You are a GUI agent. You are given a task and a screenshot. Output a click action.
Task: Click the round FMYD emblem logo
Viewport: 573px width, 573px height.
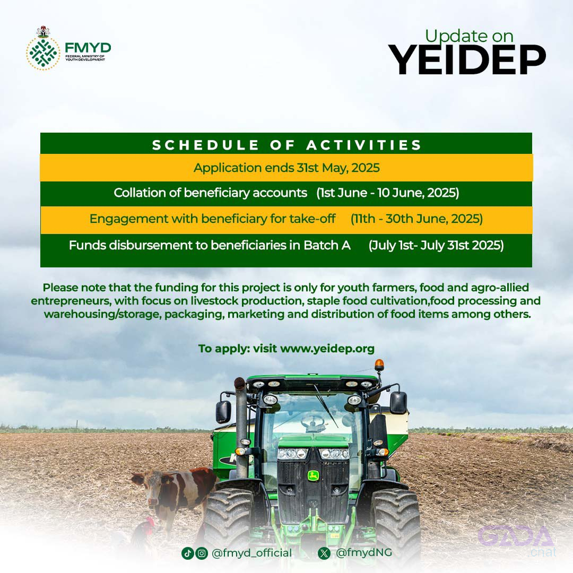(43, 54)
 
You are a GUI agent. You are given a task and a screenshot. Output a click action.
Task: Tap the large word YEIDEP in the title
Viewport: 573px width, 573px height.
(467, 60)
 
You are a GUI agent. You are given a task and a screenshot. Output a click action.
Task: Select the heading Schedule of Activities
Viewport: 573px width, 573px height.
(287, 145)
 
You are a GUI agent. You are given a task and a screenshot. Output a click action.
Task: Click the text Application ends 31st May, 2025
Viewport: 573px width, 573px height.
(286, 168)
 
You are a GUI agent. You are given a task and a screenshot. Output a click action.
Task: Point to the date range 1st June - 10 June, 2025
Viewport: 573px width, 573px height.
(388, 193)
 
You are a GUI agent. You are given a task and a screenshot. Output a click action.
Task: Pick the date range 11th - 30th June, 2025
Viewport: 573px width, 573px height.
(416, 219)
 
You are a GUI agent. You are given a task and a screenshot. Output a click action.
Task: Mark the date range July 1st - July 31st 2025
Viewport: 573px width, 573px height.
(436, 245)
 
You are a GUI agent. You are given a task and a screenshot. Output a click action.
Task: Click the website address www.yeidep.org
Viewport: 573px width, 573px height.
(327, 349)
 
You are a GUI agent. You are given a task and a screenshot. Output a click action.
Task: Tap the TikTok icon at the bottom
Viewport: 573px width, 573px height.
(187, 553)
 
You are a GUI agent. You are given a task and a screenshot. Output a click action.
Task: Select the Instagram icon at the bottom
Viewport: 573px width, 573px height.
(202, 553)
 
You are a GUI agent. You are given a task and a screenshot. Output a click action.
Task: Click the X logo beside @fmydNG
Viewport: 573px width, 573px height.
(324, 553)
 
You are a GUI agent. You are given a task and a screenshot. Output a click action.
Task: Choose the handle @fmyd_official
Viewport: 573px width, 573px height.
(252, 553)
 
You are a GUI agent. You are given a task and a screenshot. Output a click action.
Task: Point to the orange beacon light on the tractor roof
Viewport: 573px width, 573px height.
(379, 364)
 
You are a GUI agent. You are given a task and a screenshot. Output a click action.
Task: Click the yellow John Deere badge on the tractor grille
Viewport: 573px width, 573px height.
(313, 476)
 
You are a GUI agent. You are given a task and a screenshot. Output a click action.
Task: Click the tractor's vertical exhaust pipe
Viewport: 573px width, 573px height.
(241, 428)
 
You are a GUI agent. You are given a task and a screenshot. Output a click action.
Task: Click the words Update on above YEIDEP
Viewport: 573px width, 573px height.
(469, 37)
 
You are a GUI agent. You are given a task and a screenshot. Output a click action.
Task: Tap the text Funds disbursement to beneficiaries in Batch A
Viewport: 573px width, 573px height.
(210, 245)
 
